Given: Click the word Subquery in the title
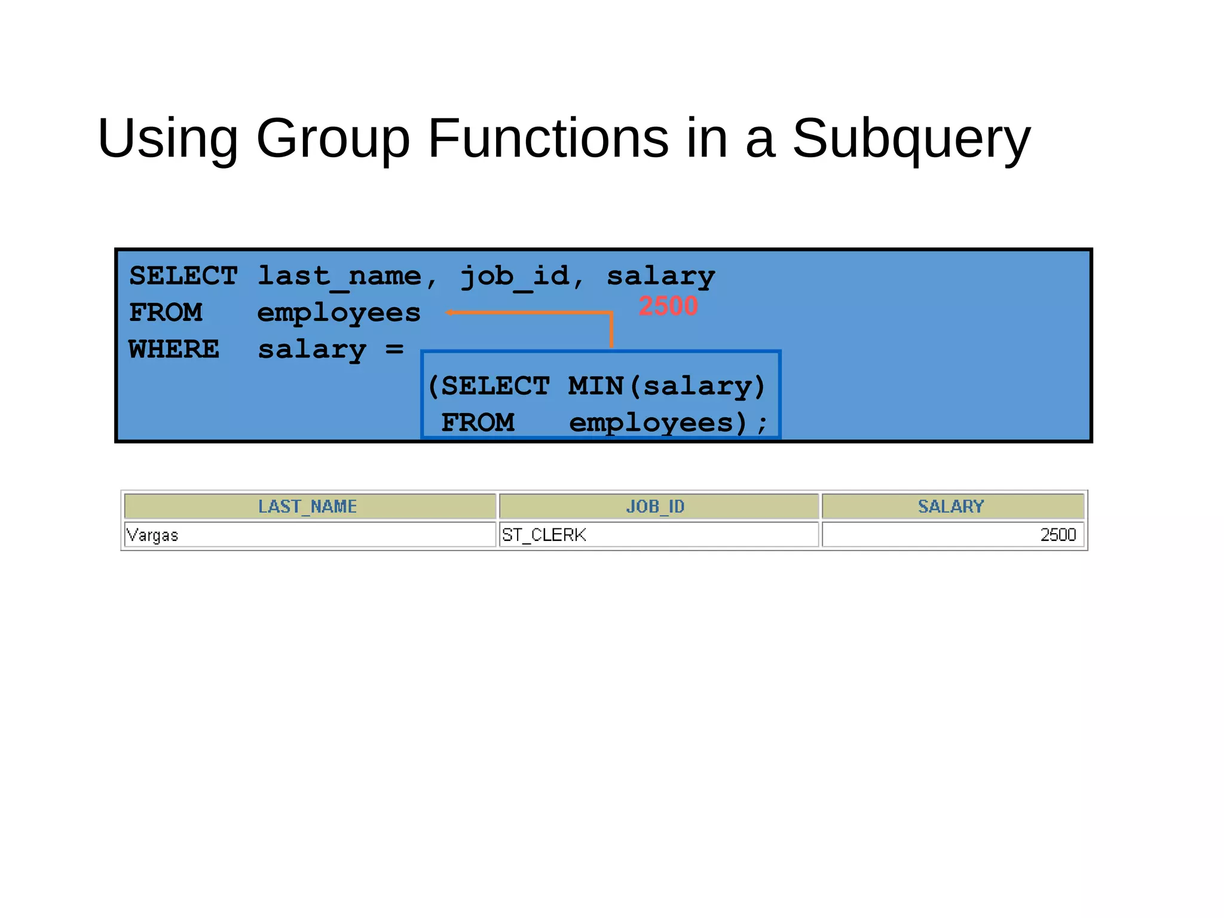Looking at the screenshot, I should click(911, 139).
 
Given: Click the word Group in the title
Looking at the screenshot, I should click(333, 139).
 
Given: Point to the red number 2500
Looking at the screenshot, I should click(668, 306).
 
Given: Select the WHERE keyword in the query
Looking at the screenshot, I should click(174, 349).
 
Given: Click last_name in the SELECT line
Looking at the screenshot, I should click(339, 276).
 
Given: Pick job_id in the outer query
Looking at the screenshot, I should click(515, 276).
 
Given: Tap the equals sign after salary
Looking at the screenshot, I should click(394, 348).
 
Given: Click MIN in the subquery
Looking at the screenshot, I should click(596, 386).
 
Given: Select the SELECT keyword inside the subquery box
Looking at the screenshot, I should click(495, 386).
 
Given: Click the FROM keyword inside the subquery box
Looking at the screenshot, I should click(478, 423).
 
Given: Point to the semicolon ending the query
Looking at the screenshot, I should click(762, 424).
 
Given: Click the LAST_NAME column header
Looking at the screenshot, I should click(308, 507).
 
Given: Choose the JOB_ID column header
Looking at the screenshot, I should click(656, 507).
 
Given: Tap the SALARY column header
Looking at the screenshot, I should click(951, 507).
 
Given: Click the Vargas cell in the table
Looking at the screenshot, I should click(153, 535).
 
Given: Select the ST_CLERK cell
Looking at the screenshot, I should click(544, 535).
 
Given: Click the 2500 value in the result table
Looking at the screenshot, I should click(1058, 535).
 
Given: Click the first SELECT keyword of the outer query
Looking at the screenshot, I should click(183, 276).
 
